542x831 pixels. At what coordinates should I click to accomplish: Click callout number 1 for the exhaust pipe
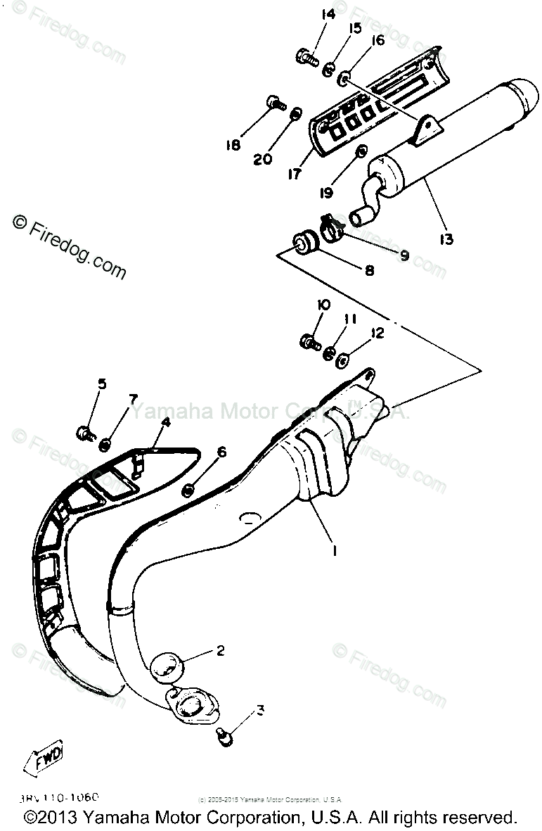[335, 551]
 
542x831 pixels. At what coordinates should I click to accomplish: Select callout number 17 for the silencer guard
[294, 173]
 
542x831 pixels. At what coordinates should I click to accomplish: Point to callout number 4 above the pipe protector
[165, 422]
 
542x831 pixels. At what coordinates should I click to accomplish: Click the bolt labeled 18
[275, 106]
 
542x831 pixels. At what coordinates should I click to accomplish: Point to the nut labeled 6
[189, 488]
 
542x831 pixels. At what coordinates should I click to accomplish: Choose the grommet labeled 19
[361, 152]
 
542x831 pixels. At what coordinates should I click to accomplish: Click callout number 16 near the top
[378, 41]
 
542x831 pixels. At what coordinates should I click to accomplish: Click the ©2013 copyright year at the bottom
[49, 818]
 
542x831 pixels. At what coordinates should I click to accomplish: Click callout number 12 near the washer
[378, 333]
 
